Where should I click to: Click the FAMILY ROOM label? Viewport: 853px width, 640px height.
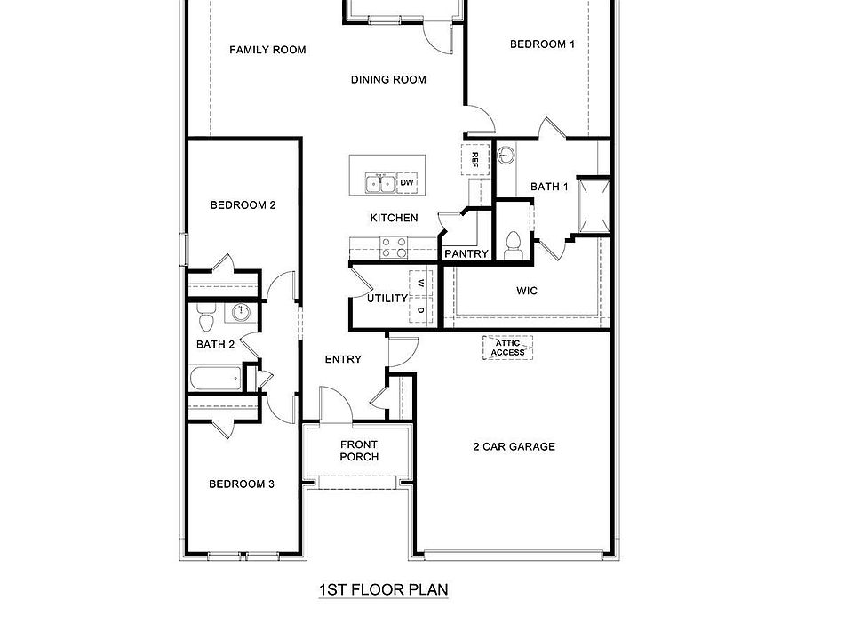coord(267,50)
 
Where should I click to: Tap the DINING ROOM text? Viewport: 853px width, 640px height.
coord(388,79)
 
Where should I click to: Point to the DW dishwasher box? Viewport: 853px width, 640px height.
coord(408,183)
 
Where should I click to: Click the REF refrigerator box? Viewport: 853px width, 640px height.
coord(475,160)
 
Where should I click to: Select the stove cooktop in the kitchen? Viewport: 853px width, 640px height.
coord(394,246)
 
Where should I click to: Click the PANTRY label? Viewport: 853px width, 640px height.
coord(466,254)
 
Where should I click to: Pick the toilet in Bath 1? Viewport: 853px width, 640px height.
coord(512,243)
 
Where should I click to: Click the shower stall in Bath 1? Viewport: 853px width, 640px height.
coord(593,205)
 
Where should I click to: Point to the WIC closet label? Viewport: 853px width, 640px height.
coord(527,291)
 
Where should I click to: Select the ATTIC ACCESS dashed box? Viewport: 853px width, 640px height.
coord(508,348)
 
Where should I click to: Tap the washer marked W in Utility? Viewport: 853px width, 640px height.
coord(421,284)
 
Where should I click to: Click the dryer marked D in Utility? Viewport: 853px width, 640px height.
coord(421,310)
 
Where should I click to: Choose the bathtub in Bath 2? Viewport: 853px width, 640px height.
coord(216,380)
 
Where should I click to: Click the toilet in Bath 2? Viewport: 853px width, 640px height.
coord(205,314)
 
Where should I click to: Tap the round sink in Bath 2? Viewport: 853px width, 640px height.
coord(240,312)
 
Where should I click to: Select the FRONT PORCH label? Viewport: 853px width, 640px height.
coord(359,451)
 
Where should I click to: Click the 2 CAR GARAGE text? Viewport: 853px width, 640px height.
coord(514,446)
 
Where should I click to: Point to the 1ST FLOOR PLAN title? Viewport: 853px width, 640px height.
coord(384,589)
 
